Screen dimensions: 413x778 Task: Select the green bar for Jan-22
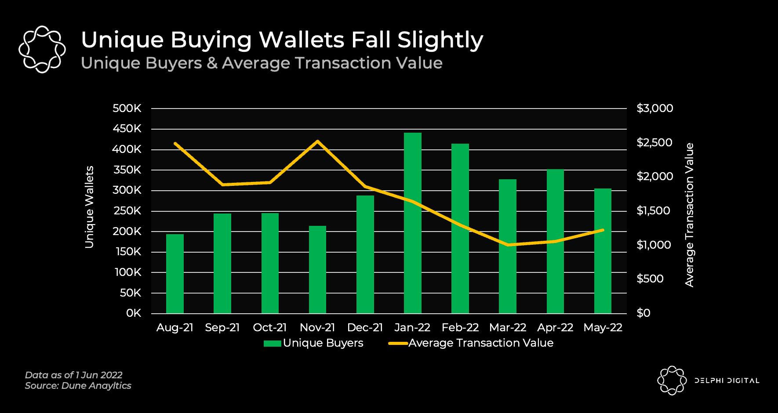point(412,223)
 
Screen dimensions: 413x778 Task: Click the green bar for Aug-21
point(175,273)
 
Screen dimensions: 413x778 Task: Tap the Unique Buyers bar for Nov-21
point(317,269)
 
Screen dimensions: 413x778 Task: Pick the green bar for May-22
point(603,250)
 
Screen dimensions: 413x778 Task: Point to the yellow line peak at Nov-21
point(317,141)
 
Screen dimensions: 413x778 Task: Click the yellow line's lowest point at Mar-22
point(508,245)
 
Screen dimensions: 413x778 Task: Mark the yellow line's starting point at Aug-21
point(175,143)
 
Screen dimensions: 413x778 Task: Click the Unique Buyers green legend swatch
point(272,344)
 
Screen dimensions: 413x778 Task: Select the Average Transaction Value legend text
point(480,343)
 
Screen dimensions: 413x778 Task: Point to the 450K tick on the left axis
point(127,129)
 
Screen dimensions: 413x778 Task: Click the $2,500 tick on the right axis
point(654,142)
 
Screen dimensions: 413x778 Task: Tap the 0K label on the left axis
point(134,313)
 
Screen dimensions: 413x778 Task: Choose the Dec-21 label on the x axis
point(365,328)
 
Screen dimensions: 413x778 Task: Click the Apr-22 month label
point(555,328)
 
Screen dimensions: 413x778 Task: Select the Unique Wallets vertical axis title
point(89,207)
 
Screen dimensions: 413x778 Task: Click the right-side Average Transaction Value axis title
point(689,215)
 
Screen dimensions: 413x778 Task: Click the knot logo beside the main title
point(42,49)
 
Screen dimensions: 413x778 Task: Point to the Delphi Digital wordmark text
point(727,380)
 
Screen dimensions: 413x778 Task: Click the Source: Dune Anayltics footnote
point(78,386)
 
